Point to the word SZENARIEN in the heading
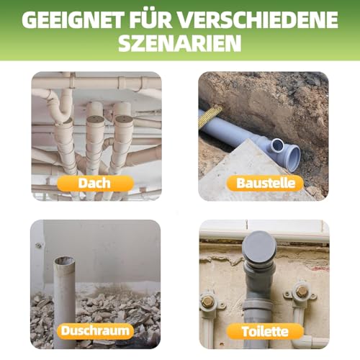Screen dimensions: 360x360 point(180,44)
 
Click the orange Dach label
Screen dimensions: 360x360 point(95,184)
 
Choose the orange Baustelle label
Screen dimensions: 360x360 point(265,184)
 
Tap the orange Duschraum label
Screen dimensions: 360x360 point(95,331)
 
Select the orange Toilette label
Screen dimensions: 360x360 point(265,331)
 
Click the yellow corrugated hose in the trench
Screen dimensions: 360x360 point(210,116)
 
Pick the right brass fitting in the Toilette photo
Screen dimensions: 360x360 point(302,291)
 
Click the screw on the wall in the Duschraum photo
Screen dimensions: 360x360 point(37,246)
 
